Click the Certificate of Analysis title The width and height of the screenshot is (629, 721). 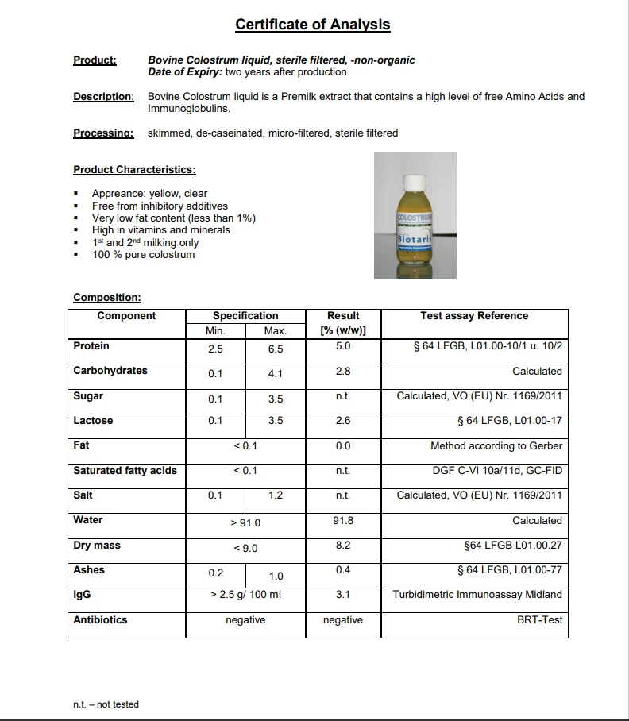[312, 25]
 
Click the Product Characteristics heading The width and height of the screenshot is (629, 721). [134, 169]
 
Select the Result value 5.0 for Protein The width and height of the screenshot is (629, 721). [343, 346]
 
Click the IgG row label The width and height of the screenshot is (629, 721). [82, 594]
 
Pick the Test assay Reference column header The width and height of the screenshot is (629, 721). [474, 316]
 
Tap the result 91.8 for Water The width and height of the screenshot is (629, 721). [343, 520]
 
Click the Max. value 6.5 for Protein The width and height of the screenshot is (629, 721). [276, 349]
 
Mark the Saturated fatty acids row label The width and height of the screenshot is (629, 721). [125, 470]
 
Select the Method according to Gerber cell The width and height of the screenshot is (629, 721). [496, 445]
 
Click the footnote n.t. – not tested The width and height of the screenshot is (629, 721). [106, 704]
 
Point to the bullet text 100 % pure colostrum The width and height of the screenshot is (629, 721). [143, 255]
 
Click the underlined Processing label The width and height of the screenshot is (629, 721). [103, 133]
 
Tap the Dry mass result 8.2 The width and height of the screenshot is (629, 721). [343, 546]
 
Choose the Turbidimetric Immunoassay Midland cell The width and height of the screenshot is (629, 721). [477, 594]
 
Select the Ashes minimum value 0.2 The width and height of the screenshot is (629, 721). [215, 573]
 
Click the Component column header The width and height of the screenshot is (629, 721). [126, 316]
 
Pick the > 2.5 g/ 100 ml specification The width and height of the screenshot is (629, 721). [245, 595]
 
